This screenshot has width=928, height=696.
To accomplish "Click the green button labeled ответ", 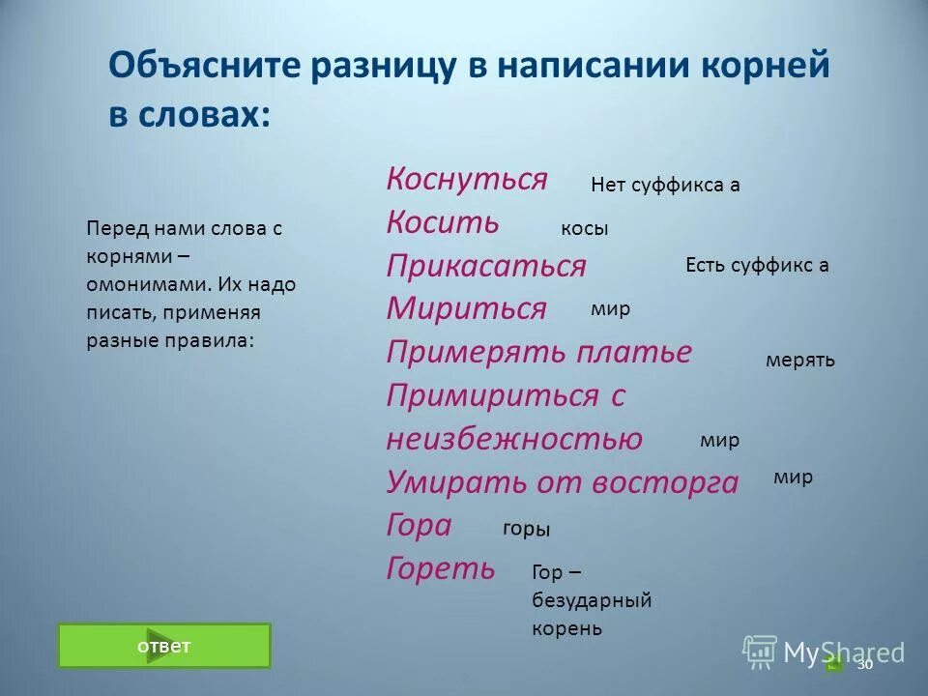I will (164, 646).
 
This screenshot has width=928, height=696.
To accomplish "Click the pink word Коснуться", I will (467, 179).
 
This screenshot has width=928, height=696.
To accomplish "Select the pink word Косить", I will (443, 222).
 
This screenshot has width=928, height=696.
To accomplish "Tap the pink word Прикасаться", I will (486, 266).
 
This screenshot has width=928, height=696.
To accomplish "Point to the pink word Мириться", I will (467, 308).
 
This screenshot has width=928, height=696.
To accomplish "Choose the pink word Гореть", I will (441, 568).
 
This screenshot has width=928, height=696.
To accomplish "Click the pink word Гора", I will (419, 525).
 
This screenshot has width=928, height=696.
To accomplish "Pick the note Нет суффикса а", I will (665, 185).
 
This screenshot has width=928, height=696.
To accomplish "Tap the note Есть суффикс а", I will (757, 266).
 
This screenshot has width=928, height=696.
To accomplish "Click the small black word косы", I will (585, 229).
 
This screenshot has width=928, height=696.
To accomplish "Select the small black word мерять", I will (799, 360).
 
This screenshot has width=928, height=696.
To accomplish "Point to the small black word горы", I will (527, 529).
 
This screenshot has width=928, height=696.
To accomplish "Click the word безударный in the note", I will (592, 600).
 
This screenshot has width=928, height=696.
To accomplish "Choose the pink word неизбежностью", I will (514, 439).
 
